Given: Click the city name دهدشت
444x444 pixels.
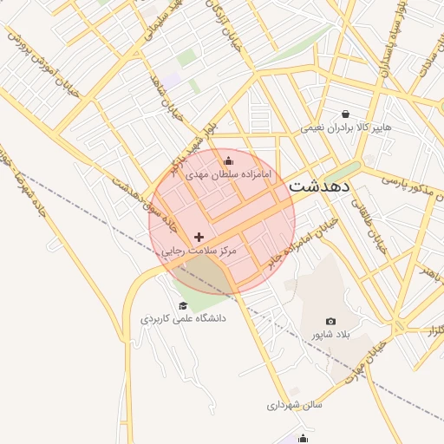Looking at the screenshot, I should (319, 186).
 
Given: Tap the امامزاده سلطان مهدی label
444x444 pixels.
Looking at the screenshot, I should (229, 174).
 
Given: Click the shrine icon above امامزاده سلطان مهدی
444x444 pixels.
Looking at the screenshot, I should (229, 160).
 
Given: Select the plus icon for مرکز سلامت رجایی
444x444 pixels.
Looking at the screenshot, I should (199, 236).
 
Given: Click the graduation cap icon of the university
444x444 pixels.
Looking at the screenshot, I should (182, 305).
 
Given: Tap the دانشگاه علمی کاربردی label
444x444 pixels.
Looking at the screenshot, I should (183, 318).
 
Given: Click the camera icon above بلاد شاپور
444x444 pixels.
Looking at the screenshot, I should (330, 321).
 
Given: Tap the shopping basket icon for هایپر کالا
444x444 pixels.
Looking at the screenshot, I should (346, 114).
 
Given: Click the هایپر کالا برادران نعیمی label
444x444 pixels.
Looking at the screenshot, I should (346, 127).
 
